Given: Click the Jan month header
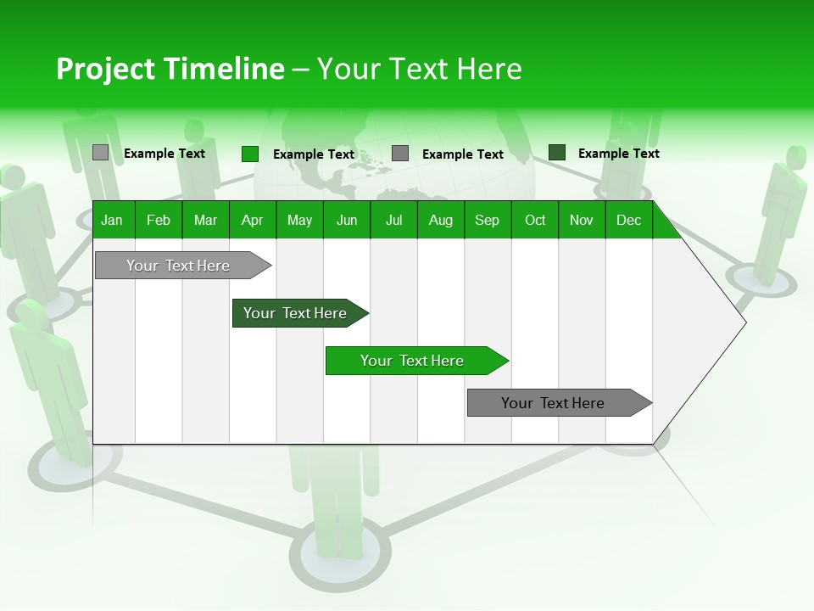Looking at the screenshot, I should click(x=112, y=220).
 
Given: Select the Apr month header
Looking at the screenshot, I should click(x=252, y=220).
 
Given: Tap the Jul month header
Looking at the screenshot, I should click(x=393, y=220).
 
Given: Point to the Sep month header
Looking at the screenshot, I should click(x=487, y=220).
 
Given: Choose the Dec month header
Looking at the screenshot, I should click(x=628, y=220).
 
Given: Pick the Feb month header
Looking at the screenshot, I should click(x=159, y=220).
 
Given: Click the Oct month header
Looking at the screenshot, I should click(x=535, y=220).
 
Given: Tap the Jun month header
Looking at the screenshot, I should click(x=347, y=220).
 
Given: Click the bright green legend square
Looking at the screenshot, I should click(x=250, y=154).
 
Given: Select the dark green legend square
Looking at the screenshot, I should click(x=557, y=153).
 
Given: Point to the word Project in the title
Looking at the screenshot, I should click(x=106, y=69).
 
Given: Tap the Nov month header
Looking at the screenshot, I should click(x=582, y=220).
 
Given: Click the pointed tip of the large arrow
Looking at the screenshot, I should click(x=744, y=322).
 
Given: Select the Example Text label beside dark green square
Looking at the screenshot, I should click(x=618, y=154).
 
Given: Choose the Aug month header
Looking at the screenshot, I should click(x=440, y=220).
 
